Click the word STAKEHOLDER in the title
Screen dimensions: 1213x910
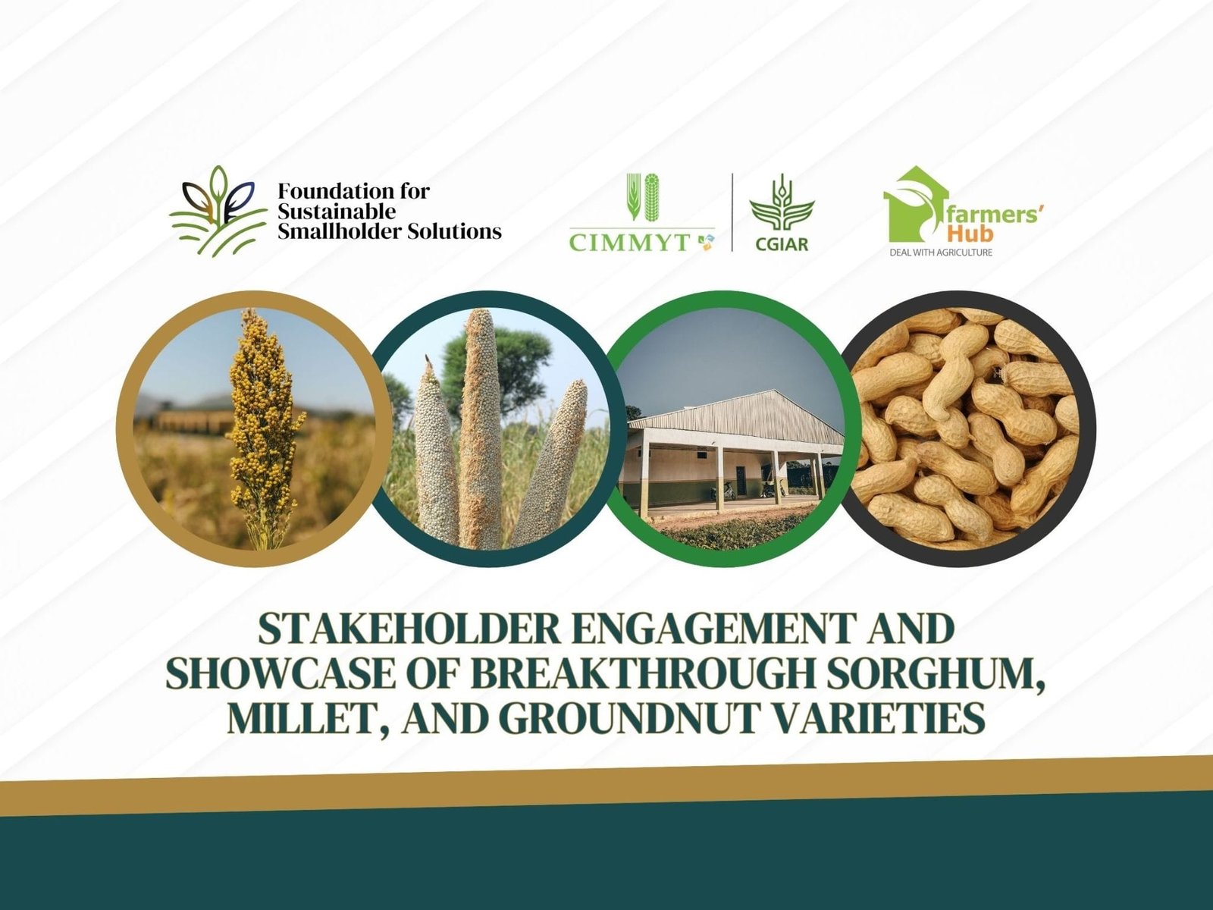tap(409, 629)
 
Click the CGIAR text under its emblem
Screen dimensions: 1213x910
tap(782, 244)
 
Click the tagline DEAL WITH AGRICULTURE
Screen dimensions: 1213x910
tap(941, 253)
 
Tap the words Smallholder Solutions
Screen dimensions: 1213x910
tap(390, 231)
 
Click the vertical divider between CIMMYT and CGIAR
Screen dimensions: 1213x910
tap(733, 212)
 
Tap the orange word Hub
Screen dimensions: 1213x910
tap(970, 234)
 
